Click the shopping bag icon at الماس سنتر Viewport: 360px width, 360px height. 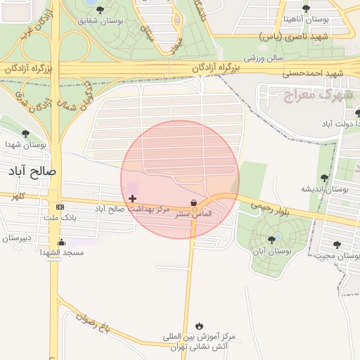pyautogui.click(x=193, y=202)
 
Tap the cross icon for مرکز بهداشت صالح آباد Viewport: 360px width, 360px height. pyautogui.click(x=132, y=199)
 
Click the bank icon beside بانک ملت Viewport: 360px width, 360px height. pyautogui.click(x=60, y=207)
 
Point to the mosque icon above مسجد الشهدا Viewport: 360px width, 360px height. pyautogui.click(x=60, y=243)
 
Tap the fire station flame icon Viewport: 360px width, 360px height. pyautogui.click(x=200, y=326)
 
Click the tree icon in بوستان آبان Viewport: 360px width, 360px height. pyautogui.click(x=271, y=240)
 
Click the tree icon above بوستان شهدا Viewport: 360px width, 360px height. pyautogui.click(x=26, y=134)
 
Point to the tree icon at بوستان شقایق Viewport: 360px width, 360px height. pyautogui.click(x=101, y=10)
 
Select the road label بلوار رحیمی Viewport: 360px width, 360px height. pyautogui.click(x=263, y=204)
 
